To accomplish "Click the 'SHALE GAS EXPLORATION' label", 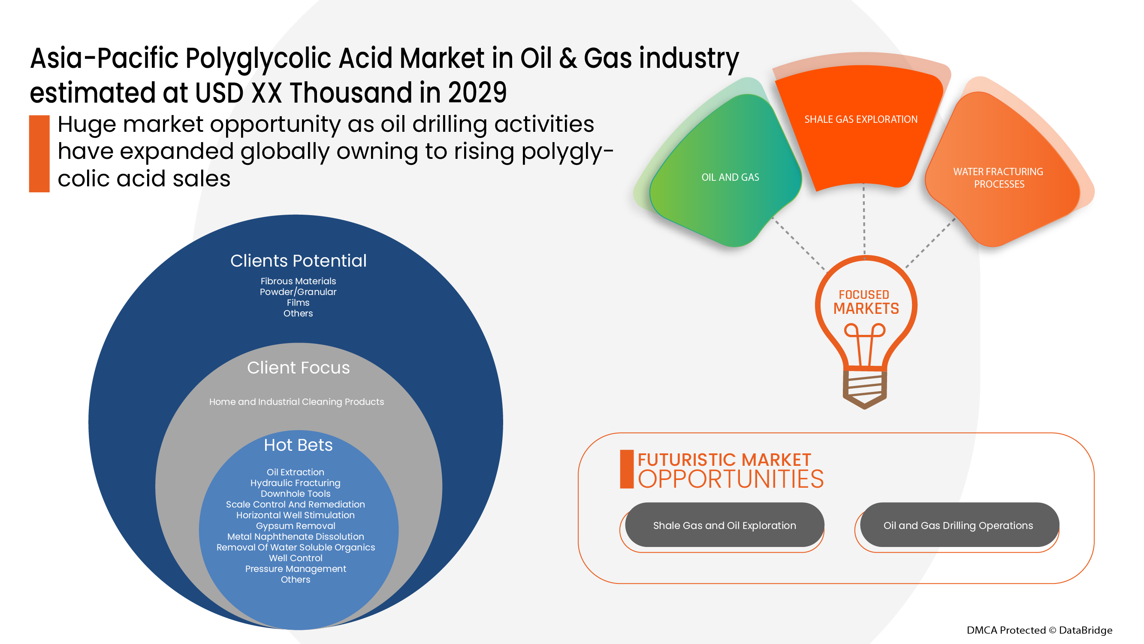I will click(x=860, y=119).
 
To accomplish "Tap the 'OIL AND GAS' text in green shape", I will click(x=730, y=177).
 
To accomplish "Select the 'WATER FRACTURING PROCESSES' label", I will click(x=998, y=178).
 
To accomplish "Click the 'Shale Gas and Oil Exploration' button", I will click(x=724, y=525).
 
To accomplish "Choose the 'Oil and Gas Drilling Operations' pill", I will click(x=958, y=525).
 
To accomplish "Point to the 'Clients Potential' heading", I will click(x=299, y=261).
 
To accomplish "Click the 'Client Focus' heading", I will click(x=299, y=368).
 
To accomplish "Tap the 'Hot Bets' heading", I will click(x=299, y=445).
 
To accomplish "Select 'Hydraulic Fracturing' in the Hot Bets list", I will click(x=295, y=483).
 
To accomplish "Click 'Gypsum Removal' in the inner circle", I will click(x=295, y=526).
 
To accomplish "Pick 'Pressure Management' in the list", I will click(x=295, y=568).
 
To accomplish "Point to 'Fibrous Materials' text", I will click(x=298, y=281).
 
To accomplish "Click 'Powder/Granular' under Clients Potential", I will click(x=298, y=292).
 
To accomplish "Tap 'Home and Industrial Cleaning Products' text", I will click(x=297, y=402).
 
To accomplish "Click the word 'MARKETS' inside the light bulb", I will click(x=866, y=308).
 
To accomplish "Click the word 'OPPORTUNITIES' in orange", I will click(x=730, y=479).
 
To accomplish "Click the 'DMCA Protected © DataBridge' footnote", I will click(x=1039, y=630).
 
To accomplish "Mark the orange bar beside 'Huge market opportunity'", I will click(x=39, y=154).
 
